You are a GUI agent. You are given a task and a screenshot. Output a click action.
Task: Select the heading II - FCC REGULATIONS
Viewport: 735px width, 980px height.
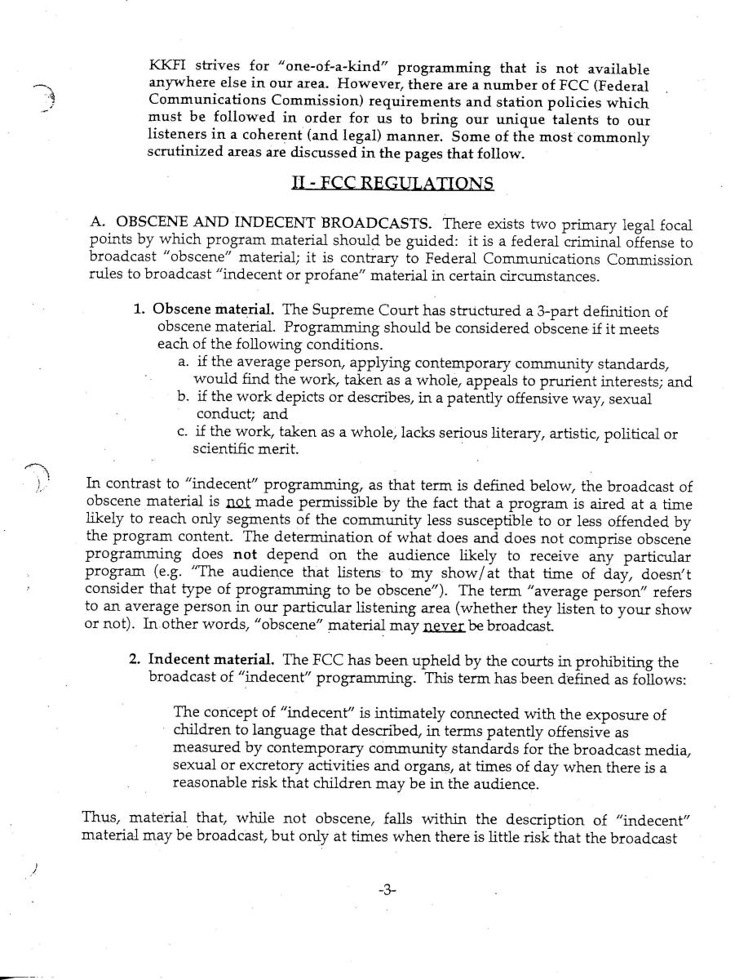392,183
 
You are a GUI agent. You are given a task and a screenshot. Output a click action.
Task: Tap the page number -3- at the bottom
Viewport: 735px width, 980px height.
387,891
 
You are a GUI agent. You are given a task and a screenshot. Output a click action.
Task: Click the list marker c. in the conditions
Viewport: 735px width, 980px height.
183,433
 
